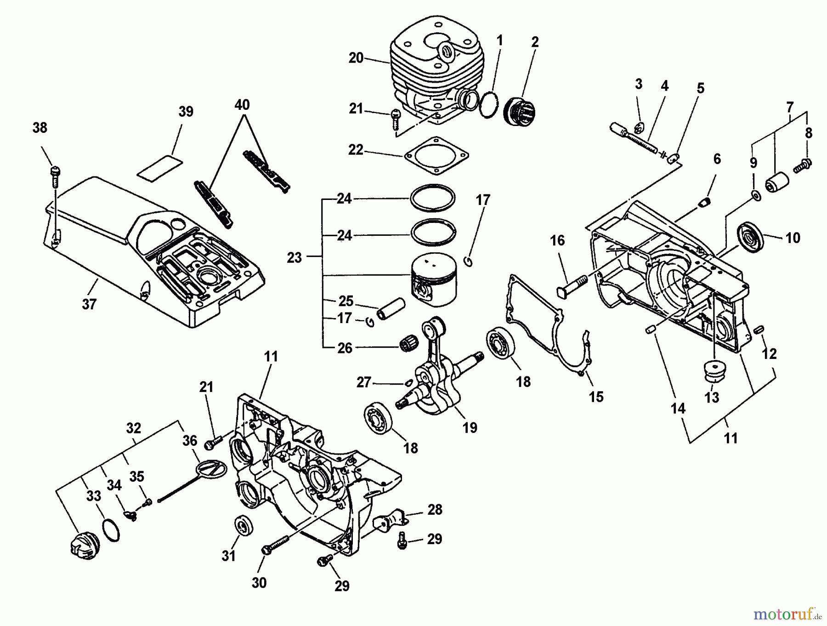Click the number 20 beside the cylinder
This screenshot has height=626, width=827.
point(356,58)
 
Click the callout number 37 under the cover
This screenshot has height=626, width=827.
point(89,304)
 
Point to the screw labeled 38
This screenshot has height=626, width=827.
point(54,175)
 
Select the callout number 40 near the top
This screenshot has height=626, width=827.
point(242,105)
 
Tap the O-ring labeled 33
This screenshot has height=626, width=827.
point(111,530)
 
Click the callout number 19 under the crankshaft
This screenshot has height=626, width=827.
point(470,427)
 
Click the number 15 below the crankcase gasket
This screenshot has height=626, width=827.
point(596,397)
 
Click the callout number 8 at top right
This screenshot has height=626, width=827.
point(808,133)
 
